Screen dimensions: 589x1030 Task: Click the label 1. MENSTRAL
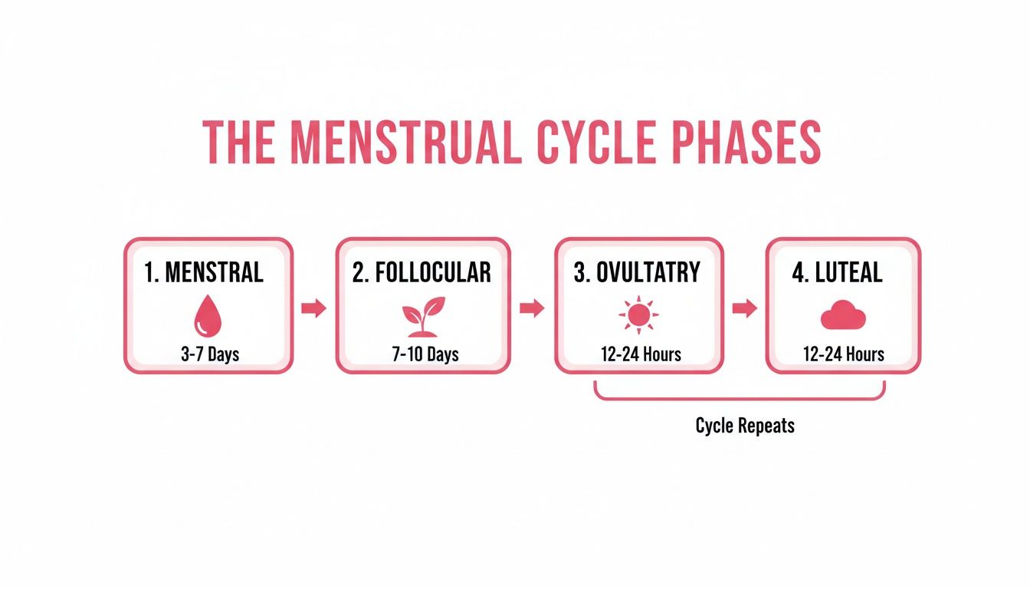(x=204, y=272)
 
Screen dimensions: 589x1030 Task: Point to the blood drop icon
(x=208, y=316)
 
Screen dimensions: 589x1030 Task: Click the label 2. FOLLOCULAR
(x=422, y=272)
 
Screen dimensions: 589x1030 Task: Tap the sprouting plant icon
(x=423, y=316)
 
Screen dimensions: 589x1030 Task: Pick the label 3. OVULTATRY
(x=637, y=272)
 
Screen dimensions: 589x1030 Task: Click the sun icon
(x=638, y=316)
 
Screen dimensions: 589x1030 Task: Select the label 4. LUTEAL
(x=837, y=272)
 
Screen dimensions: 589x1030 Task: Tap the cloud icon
(x=843, y=316)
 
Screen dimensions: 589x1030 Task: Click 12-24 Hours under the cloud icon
(x=843, y=354)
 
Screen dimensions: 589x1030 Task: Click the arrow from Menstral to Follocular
(x=313, y=308)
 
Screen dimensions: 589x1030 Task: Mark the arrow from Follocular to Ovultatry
(x=531, y=308)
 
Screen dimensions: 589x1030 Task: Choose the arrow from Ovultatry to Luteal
(x=744, y=308)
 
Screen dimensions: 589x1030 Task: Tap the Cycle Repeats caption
(x=745, y=426)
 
